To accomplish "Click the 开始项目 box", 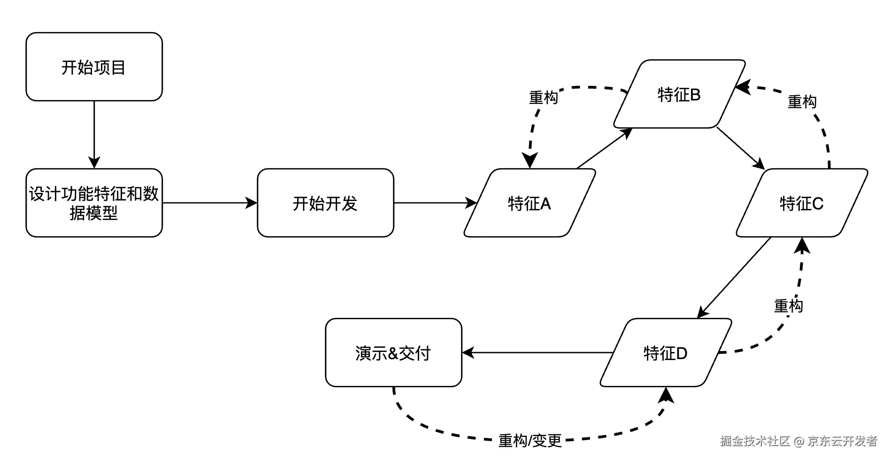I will [94, 67].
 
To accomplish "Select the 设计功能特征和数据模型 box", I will [94, 203].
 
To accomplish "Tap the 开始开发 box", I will [325, 203].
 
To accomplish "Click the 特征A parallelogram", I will [529, 203].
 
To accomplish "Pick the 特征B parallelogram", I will [679, 94].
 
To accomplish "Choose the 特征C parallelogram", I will [802, 203].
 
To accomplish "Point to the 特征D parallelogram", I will [666, 353].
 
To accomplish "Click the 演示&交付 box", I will [393, 353].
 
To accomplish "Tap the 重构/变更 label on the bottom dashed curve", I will [530, 440].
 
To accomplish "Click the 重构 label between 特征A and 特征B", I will [544, 97].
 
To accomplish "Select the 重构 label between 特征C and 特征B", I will [802, 101].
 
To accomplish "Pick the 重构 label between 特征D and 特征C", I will [789, 306].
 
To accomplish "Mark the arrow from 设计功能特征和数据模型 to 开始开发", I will [209, 203].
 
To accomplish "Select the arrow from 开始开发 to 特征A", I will [435, 203].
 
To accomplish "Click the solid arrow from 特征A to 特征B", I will [605, 148].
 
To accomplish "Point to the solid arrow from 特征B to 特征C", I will [741, 148].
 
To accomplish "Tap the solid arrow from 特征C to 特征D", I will [735, 277].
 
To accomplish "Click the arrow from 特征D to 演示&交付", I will [537, 353].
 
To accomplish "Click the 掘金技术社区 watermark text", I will [755, 441].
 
